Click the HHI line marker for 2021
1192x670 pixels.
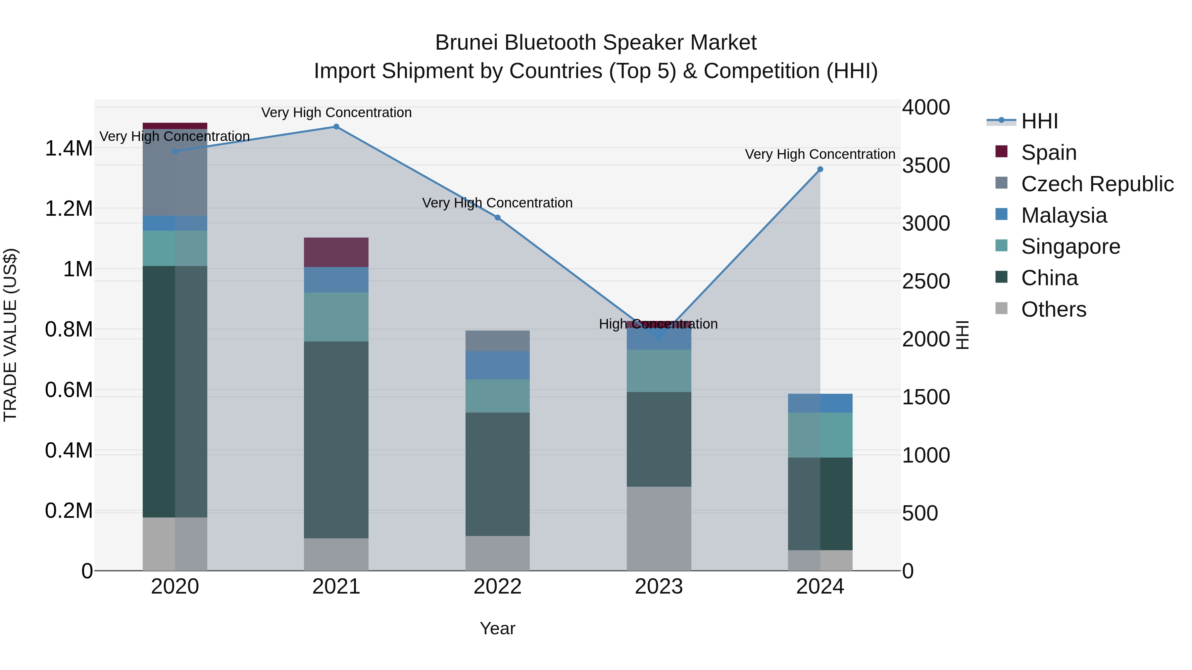pyautogui.click(x=336, y=127)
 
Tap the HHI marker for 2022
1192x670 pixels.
pyautogui.click(x=497, y=217)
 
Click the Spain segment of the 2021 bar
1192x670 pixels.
pyautogui.click(x=336, y=252)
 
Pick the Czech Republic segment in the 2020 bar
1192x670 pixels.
pyautogui.click(x=175, y=172)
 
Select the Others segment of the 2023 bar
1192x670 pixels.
pyautogui.click(x=659, y=528)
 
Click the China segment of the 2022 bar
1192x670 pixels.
pyautogui.click(x=497, y=474)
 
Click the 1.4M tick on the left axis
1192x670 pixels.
pyautogui.click(x=69, y=149)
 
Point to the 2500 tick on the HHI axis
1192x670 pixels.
pyautogui.click(x=925, y=281)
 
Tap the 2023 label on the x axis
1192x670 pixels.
pyautogui.click(x=659, y=586)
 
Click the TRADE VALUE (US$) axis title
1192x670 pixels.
pyautogui.click(x=10, y=335)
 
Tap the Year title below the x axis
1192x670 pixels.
pyautogui.click(x=497, y=628)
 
